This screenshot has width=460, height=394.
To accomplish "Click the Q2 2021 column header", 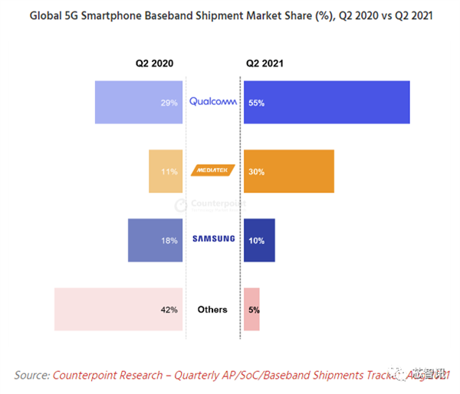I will (x=261, y=64).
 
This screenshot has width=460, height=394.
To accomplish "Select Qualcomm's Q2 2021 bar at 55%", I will (x=326, y=102).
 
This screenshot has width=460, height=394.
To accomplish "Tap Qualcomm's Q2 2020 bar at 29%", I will (x=138, y=102).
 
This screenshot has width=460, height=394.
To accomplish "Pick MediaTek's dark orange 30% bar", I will (x=288, y=171).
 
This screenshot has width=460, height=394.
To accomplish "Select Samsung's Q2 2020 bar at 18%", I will (x=155, y=240).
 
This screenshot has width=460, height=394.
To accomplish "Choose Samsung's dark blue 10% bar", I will (x=259, y=240).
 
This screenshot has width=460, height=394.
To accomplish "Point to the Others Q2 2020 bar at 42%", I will (x=119, y=310).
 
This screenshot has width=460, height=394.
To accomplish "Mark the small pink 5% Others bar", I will (x=251, y=310).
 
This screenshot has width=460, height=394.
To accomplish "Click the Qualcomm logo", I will (x=213, y=102).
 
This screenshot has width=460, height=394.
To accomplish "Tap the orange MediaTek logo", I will (x=212, y=172).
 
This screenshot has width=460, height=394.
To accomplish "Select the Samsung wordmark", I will (x=213, y=239).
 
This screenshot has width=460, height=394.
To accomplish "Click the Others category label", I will (x=212, y=310).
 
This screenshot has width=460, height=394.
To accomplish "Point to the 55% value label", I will (x=256, y=103).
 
